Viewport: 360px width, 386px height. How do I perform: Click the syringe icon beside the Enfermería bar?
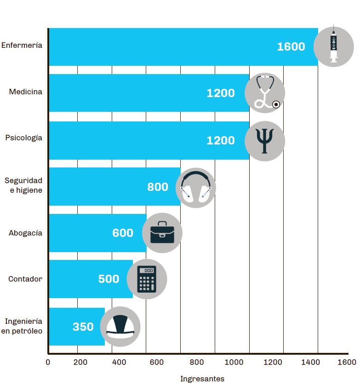pos(334,46)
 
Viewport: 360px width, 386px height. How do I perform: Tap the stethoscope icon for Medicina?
pos(265,92)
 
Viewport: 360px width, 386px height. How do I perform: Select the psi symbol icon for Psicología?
pos(265,141)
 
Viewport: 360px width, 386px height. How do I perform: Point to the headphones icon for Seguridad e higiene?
pos(196,187)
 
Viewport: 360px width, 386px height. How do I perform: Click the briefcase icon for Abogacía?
pos(162,233)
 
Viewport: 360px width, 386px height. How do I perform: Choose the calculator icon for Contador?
pos(147,279)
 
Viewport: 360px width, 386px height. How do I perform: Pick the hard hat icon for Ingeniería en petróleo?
pos(120,326)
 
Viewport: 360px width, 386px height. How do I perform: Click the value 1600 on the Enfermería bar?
pos(291,46)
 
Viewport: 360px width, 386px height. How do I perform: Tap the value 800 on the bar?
pos(158,187)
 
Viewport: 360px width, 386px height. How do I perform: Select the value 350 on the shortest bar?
pos(83,327)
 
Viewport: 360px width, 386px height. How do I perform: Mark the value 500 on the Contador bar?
pos(109,279)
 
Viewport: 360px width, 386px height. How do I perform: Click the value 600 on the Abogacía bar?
pos(123,233)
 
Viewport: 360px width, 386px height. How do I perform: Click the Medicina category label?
pos(25,92)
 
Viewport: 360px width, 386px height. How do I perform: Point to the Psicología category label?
pos(23,138)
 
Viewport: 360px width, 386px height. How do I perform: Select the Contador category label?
pos(25,279)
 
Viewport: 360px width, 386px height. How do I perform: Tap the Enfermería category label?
pos(22,45)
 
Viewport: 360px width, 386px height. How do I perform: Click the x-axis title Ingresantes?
pos(202,379)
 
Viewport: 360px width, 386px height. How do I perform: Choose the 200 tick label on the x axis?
pos(80,362)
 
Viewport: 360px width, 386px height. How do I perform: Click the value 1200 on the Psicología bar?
pos(221,140)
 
